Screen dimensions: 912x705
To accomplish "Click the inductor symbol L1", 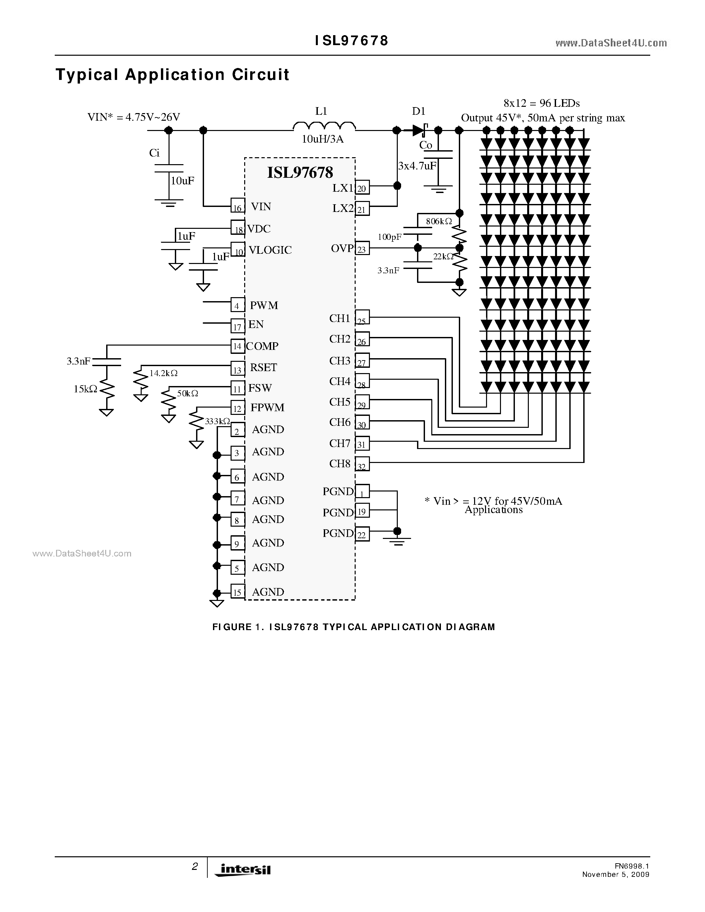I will coord(324,126).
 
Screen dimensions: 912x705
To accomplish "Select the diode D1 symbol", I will coord(419,130).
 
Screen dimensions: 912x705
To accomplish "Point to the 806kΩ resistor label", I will coord(439,221).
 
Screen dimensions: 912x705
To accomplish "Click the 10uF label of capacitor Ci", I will coord(182,181).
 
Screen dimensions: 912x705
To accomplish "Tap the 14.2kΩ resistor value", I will coord(163,373).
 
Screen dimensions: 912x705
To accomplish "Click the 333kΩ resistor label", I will coord(217,421).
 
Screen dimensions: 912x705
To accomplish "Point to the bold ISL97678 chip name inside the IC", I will coord(300,172).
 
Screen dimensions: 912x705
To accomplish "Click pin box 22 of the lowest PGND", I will coord(362,535).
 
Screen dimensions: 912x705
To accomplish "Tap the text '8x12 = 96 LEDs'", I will coord(542,103).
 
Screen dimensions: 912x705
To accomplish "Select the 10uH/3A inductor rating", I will coord(322,139).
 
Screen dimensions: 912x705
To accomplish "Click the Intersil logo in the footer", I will coord(243,869).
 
